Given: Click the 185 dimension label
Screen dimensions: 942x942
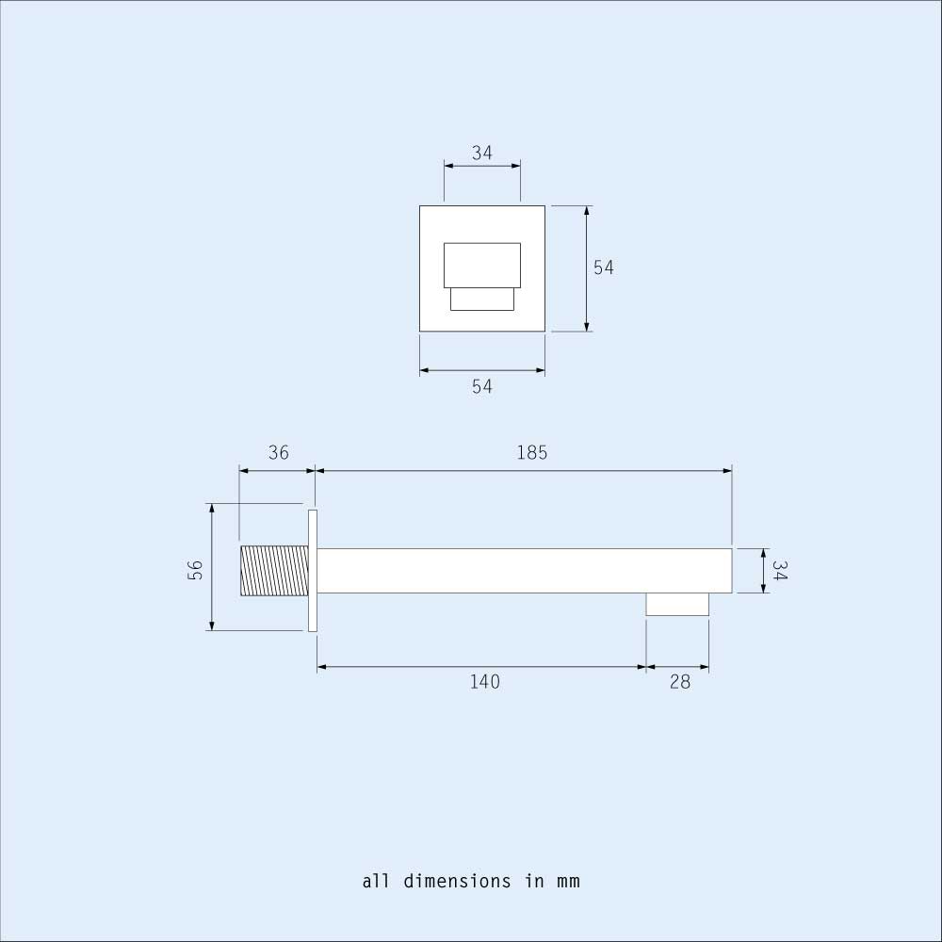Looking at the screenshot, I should coord(531,453).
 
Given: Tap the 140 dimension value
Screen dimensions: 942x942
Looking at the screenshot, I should coord(484,682).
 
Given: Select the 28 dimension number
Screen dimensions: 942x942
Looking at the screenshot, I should coord(679,682).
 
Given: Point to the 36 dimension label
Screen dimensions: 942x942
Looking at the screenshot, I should coord(278,453).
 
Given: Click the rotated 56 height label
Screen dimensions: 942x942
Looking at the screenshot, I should coord(195,571).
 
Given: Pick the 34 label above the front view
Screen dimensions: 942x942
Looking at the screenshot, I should coord(481,153).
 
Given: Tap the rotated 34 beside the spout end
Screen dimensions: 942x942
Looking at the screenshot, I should coord(780,571).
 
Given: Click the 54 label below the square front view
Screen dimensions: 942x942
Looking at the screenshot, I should coord(481,386).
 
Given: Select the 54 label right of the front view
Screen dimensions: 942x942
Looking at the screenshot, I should coord(603,268).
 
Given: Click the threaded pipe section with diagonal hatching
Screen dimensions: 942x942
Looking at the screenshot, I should coord(274,571).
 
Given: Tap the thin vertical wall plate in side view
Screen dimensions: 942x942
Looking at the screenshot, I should coord(313,571).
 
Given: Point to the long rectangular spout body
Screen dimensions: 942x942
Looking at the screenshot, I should coord(524,571).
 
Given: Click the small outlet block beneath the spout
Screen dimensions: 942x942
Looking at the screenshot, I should coord(676,604).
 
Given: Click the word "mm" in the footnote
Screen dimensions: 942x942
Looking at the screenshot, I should coord(568,882).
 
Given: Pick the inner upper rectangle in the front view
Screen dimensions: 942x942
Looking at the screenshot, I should coord(481,266).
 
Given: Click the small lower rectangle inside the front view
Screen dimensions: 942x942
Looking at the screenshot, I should coord(481,299).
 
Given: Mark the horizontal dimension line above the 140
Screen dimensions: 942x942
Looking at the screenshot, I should coord(480,667).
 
